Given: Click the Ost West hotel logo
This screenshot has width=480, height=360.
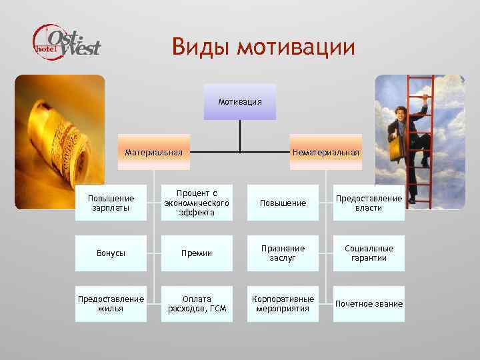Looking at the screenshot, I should point(67,41).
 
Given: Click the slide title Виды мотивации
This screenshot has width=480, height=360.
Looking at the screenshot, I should point(263,47).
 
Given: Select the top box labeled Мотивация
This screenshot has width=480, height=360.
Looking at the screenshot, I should point(240,102).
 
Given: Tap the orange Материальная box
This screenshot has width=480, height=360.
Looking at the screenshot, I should point(154,152).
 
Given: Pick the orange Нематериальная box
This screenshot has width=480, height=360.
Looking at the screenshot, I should point(326,152).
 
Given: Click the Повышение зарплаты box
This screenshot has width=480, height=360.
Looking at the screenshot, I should point(111,203).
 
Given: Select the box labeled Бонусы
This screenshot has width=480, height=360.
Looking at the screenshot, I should point(111,253).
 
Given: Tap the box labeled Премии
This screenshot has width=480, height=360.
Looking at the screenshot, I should point(197,253).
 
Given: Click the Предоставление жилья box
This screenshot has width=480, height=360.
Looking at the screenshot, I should point(111,304).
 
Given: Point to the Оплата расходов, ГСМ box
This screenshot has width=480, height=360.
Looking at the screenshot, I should point(197,304).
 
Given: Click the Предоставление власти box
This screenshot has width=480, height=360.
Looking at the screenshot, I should point(369,203).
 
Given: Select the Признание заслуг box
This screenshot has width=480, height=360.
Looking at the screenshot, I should point(283,253).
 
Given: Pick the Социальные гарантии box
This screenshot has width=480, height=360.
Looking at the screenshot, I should point(369,253).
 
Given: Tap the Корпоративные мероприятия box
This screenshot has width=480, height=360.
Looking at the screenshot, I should point(283,304).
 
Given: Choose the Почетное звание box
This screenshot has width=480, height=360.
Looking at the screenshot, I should point(369,304).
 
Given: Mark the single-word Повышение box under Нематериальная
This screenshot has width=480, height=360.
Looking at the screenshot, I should point(283,203).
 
